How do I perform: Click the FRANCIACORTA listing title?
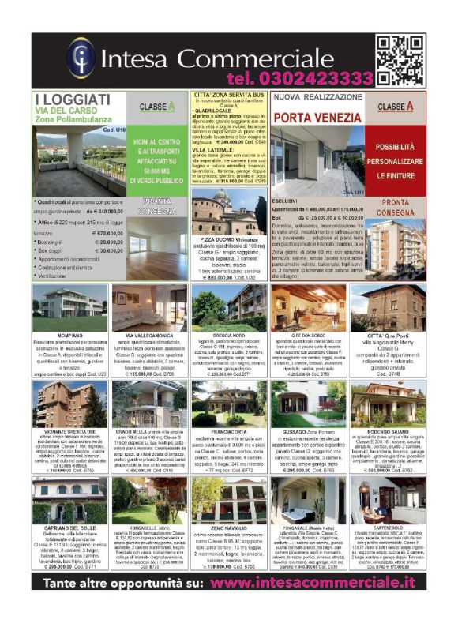(x=229, y=432)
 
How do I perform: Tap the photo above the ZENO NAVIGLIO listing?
(x=229, y=499)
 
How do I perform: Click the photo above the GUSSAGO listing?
(x=308, y=404)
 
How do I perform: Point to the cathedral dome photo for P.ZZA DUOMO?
(x=228, y=215)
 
